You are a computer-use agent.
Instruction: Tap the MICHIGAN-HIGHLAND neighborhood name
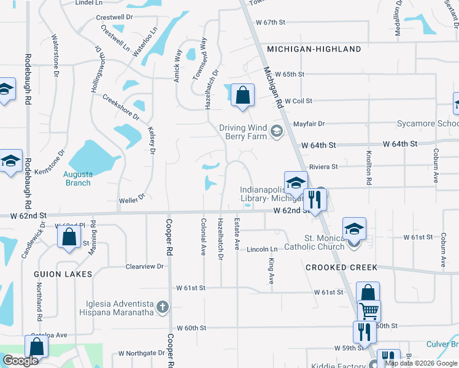314,49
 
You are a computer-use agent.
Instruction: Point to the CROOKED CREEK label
341,268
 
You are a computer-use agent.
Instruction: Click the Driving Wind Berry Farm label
243,132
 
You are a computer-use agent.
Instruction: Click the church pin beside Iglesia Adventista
163,306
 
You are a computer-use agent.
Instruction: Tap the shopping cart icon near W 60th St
369,311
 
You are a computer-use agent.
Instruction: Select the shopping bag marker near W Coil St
243,95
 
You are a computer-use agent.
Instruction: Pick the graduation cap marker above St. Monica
354,228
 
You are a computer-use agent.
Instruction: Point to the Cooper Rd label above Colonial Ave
169,237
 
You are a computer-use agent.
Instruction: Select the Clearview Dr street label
145,267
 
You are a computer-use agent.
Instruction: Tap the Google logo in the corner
20,361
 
